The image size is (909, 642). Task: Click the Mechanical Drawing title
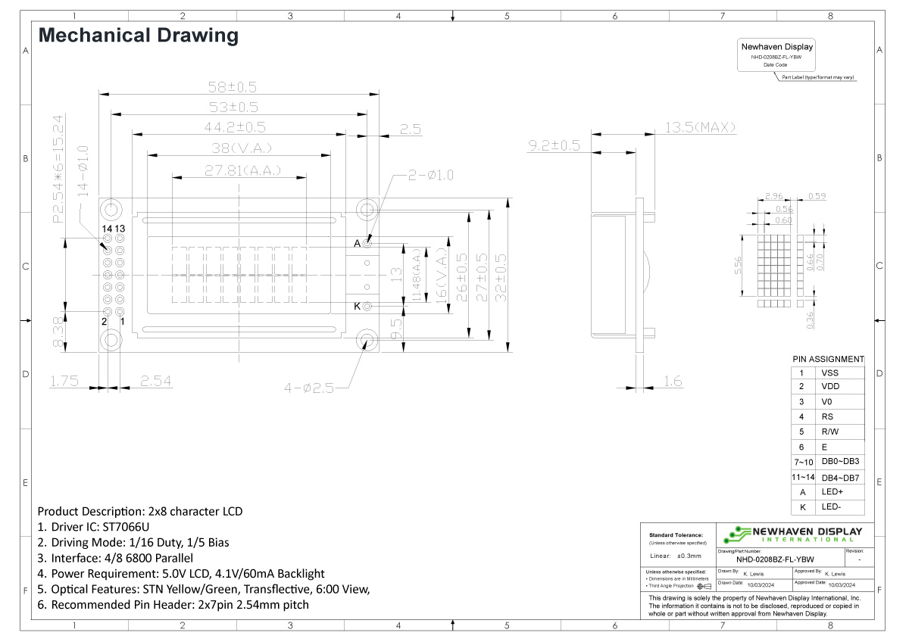point(138,35)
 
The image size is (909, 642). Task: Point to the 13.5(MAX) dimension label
point(700,127)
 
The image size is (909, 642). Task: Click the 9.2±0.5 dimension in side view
point(554,145)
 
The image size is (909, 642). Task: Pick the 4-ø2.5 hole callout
point(308,388)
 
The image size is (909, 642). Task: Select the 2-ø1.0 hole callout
point(430,175)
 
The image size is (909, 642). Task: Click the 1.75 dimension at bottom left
point(64,381)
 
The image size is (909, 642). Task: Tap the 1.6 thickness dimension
point(673,381)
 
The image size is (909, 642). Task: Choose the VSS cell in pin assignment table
point(830,372)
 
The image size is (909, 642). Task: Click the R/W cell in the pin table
point(830,432)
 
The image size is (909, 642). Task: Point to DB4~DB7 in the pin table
point(839,478)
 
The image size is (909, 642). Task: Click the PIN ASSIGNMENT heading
point(828,359)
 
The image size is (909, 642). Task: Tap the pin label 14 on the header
point(108,228)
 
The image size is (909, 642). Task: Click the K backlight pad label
point(358,307)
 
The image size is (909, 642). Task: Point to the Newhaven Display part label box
point(776,55)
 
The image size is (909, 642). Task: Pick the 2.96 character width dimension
point(773,197)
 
